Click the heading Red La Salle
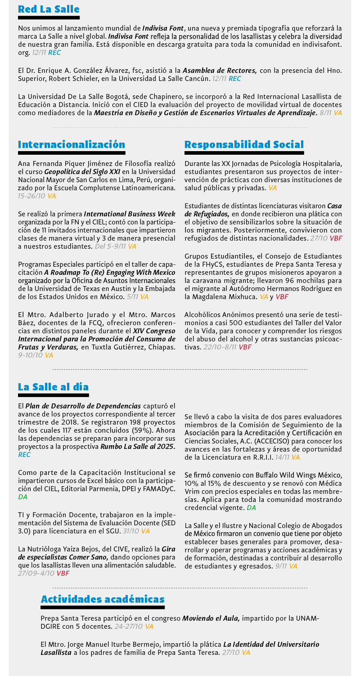[49, 9]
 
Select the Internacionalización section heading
[72, 144]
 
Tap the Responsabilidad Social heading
[244, 144]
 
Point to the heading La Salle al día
[53, 387]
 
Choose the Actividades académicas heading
[103, 599]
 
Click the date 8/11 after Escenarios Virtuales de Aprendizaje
[325, 112]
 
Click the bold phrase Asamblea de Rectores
[220, 71]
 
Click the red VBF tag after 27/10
[336, 238]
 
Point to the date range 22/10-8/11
[220, 347]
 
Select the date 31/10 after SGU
[130, 531]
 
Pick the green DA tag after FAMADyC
[23, 497]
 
